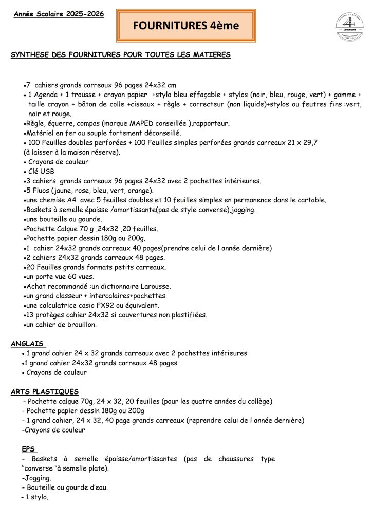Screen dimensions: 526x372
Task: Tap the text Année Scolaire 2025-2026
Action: tap(59, 14)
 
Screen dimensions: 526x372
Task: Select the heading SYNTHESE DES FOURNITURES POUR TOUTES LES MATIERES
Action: tap(121, 54)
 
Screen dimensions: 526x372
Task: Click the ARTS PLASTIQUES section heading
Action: tap(45, 391)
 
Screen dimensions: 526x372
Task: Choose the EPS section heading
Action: tap(29, 449)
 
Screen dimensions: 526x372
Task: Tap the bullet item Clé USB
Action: tap(41, 172)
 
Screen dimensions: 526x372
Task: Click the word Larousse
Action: tap(154, 286)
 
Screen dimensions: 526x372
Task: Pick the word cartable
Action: tap(311, 200)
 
